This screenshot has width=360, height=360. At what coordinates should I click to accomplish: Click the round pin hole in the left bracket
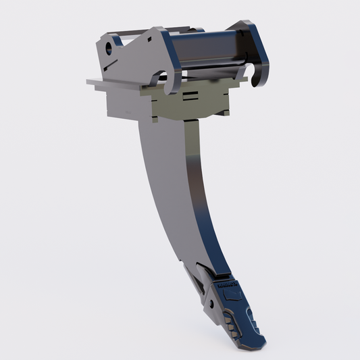click(x=109, y=49)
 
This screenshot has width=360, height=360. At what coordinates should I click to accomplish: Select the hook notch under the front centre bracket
click(x=164, y=76)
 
